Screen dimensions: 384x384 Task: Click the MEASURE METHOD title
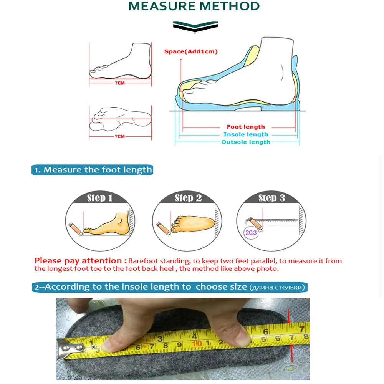click(194, 7)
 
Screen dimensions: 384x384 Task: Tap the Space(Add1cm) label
click(191, 51)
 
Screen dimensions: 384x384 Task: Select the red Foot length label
click(246, 127)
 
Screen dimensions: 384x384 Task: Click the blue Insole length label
click(246, 134)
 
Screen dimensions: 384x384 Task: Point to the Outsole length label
click(246, 142)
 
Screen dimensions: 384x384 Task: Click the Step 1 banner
click(99, 198)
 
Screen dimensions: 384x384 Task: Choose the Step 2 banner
click(188, 198)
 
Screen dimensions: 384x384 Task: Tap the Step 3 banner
click(271, 198)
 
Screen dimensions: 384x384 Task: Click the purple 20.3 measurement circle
click(251, 233)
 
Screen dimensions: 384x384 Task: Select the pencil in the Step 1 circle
click(76, 228)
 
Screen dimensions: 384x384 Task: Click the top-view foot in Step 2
click(194, 223)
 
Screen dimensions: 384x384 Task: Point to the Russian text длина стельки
click(277, 287)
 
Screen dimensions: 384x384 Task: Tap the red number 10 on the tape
click(197, 343)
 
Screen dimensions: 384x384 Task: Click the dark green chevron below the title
click(195, 26)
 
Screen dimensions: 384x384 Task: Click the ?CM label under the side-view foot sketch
click(119, 83)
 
